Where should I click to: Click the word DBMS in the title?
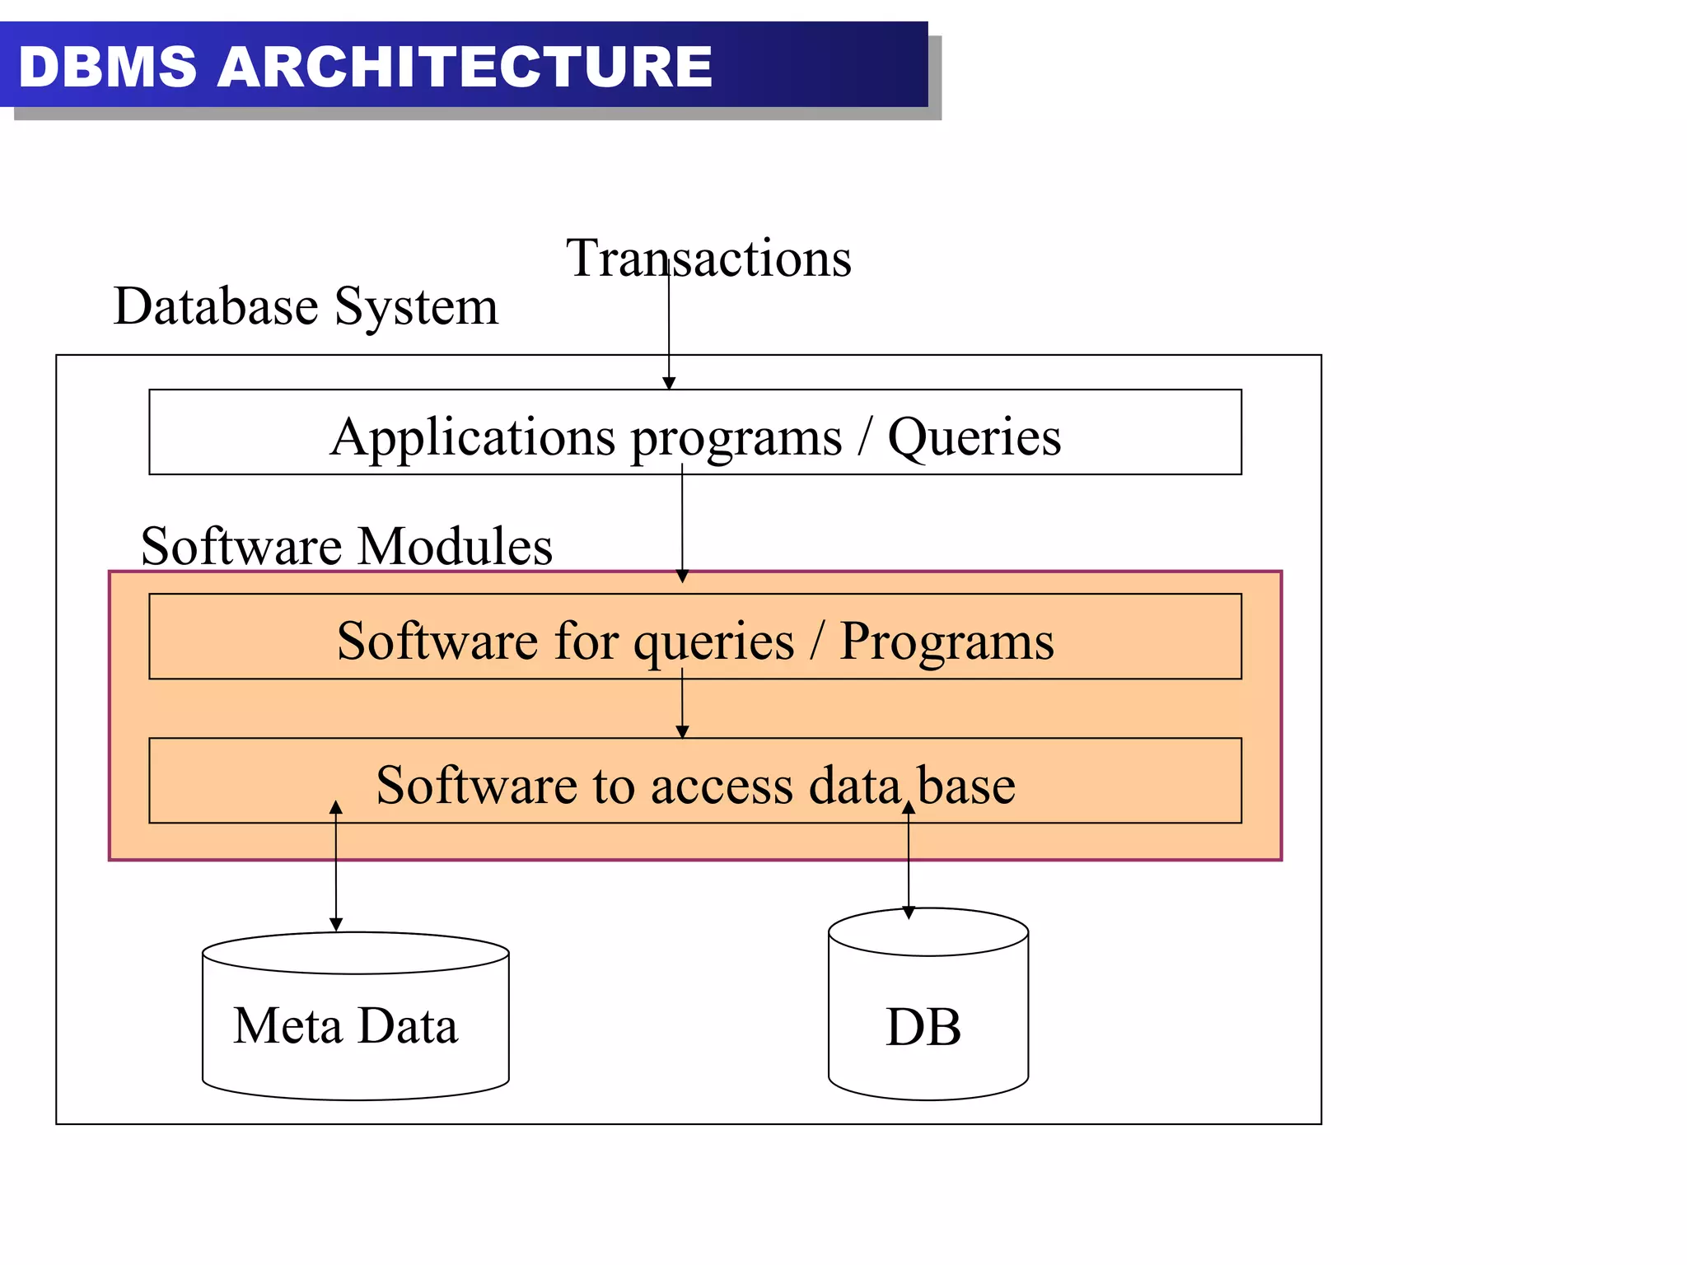[108, 67]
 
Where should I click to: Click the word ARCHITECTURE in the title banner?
[465, 67]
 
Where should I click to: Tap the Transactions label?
[708, 258]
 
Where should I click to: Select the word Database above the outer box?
[216, 306]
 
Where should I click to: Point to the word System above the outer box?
[416, 308]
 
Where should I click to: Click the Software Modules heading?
[347, 546]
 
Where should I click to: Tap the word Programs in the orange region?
[946, 641]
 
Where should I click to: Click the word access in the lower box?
[722, 786]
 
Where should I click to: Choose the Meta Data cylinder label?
[345, 1026]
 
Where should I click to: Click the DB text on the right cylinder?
[923, 1028]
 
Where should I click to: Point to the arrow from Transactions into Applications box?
[669, 329]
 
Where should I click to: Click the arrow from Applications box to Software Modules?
[682, 527]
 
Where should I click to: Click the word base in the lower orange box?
[966, 786]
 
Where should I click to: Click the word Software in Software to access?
[475, 786]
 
